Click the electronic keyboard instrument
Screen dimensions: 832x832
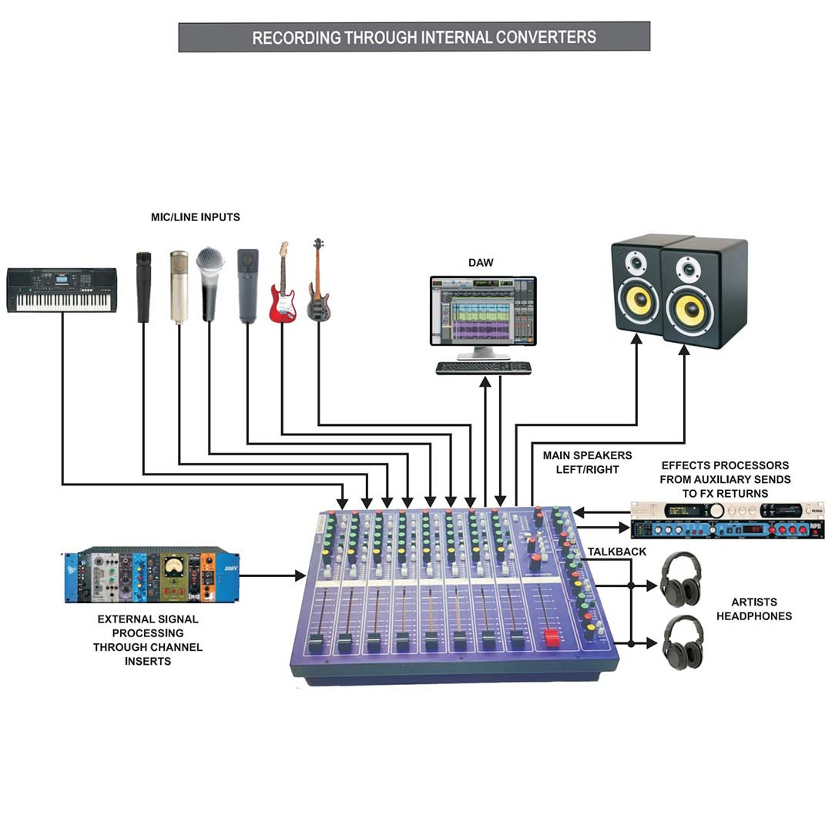tap(62, 290)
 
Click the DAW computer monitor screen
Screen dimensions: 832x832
tap(483, 310)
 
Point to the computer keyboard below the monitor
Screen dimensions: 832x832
tap(483, 367)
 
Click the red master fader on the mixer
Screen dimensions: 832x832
tap(552, 638)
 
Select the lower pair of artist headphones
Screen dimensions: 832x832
tap(683, 642)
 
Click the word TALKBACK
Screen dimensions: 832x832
tap(616, 552)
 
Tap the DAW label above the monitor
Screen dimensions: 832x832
tap(481, 263)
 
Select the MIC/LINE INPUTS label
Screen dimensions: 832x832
tap(195, 217)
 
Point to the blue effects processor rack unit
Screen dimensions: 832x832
tap(727, 529)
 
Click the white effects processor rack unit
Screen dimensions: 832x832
tap(727, 511)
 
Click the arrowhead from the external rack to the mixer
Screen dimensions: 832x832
tap(301, 575)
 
